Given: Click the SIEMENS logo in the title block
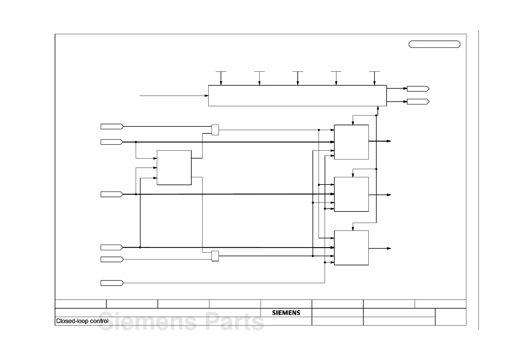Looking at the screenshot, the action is pos(286,313).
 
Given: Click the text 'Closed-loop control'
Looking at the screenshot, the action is pos(82,321).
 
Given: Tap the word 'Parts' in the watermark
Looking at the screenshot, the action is pos(235,322).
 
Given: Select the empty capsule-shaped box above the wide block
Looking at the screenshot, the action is pos(434,44).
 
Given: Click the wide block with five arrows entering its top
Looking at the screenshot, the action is pos(297,96).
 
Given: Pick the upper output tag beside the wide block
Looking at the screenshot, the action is pos(418,89).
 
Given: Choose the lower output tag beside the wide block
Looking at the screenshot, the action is pos(418,102).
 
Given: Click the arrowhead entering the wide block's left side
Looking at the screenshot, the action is pos(207,96).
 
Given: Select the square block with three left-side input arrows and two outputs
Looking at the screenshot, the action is pos(174,168).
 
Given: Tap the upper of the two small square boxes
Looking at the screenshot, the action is pos(215,130).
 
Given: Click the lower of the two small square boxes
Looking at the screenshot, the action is pos(215,256).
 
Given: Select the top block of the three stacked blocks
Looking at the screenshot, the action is pos(351,142).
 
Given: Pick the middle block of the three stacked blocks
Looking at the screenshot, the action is pos(351,194).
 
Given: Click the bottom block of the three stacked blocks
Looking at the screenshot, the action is pos(351,248).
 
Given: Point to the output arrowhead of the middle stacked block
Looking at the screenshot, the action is pos(389,195).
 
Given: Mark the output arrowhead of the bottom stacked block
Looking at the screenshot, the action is pos(389,248).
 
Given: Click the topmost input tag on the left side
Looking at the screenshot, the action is pos(112,126).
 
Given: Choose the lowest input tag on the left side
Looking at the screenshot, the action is pos(112,283).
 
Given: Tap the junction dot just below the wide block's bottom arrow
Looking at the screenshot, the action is pos(376,115).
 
